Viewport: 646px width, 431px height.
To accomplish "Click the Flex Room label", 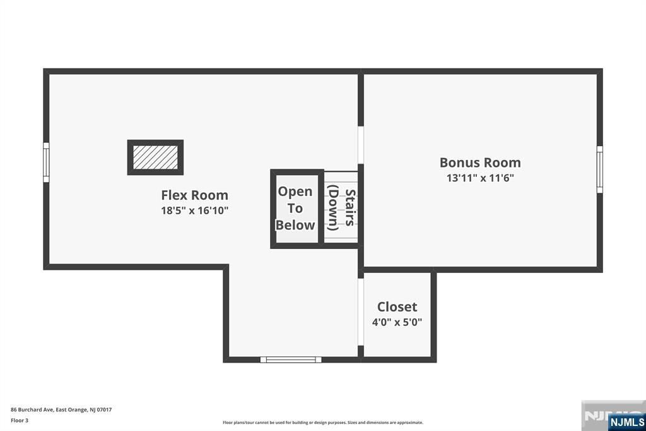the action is point(194,195).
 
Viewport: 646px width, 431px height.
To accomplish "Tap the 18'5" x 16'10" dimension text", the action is point(194,210).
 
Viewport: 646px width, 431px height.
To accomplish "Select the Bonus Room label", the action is point(480,162).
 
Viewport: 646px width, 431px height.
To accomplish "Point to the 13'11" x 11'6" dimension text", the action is point(480,178).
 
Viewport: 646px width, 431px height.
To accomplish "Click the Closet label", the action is point(397,307).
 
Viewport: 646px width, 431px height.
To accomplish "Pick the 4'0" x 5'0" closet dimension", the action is point(397,322).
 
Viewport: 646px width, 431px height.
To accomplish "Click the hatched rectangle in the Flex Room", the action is point(155,157).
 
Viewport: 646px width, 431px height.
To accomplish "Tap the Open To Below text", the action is point(295,208).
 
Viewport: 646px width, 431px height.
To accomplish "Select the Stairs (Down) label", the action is point(341,209).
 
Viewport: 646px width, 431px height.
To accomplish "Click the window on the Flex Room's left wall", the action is point(46,162).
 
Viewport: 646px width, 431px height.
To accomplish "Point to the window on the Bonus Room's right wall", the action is point(600,169).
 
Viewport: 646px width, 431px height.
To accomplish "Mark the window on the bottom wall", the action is point(291,360).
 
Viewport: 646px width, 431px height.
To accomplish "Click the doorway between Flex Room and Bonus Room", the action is point(361,145).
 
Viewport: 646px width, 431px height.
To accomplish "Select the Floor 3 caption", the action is point(20,421).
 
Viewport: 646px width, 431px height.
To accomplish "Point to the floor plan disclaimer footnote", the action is point(323,423).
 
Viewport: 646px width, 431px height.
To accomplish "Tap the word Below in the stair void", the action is point(295,225).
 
